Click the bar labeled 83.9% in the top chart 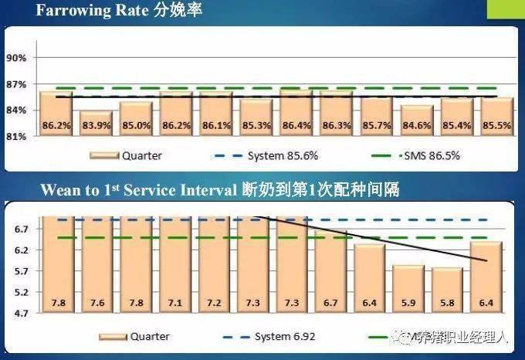click(x=97, y=124)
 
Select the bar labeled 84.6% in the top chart click(x=417, y=121)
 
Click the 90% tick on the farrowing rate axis click(x=17, y=58)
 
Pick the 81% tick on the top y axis click(x=17, y=136)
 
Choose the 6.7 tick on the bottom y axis click(x=22, y=229)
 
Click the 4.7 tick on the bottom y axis click(x=22, y=314)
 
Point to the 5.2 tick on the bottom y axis click(x=22, y=293)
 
